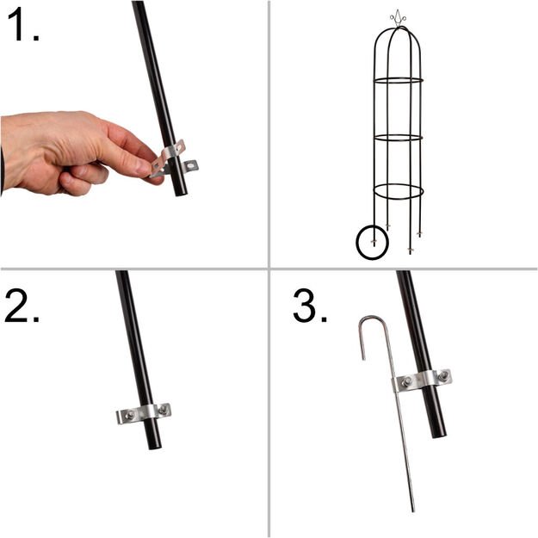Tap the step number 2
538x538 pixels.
22,306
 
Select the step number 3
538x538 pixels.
309,306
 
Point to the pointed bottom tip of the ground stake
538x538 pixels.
412,510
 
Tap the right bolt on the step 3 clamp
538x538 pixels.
442,376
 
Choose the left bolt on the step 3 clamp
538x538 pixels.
404,382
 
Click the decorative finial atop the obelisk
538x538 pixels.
398,16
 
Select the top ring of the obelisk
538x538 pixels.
398,81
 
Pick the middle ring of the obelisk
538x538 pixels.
398,137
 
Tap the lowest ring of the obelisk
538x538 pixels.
398,191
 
